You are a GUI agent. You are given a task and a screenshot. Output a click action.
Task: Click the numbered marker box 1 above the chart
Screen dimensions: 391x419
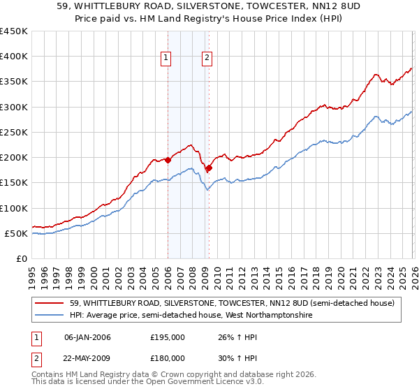coord(167,59)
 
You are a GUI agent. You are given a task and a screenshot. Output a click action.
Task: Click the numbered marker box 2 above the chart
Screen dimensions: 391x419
coord(208,59)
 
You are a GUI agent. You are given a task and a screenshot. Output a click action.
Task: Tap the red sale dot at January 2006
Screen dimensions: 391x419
coord(168,160)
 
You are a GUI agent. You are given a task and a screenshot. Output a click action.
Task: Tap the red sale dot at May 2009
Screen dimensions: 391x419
coord(209,168)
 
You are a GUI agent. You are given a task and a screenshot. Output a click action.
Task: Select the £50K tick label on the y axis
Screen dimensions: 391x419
coord(17,233)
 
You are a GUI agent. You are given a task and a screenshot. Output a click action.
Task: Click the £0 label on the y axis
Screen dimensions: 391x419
coord(22,258)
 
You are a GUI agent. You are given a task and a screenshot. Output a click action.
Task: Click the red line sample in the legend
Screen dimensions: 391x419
coord(50,303)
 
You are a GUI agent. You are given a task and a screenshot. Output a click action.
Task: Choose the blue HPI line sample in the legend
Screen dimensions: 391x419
coord(50,316)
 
